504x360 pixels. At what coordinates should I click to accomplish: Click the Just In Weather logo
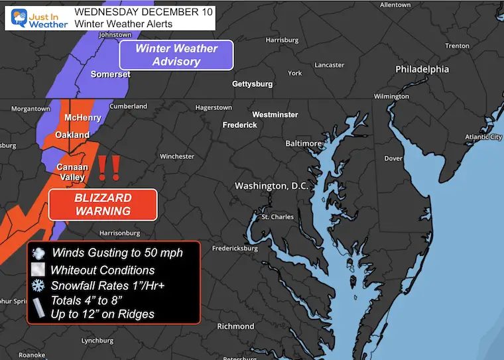coord(36,17)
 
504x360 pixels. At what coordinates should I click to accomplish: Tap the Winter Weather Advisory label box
coord(176,55)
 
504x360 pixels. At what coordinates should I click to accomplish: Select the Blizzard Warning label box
coord(103,204)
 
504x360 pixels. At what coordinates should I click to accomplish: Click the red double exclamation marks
coord(109,168)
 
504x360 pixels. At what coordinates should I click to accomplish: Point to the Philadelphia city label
coord(422,69)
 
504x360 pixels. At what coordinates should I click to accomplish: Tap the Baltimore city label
coord(303,143)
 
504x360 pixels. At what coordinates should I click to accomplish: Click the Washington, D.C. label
coord(272,186)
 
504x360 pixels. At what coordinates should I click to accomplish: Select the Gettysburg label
coord(253,84)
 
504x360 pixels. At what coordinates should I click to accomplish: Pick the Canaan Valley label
coord(72,172)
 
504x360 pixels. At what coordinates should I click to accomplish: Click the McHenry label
coord(82,118)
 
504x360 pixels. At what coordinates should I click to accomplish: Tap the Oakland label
coord(72,135)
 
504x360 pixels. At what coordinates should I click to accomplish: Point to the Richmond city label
coord(235,326)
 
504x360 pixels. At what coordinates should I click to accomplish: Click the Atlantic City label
coord(483,137)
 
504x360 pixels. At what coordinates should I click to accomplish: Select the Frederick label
coord(239,125)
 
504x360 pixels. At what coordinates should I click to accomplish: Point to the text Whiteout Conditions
coord(103,270)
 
